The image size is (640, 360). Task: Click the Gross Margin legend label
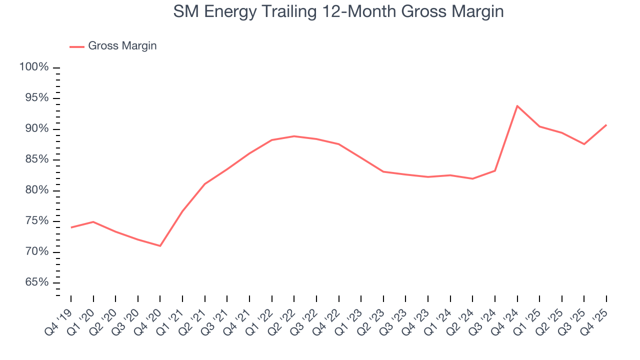122,46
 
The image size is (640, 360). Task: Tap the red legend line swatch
77,46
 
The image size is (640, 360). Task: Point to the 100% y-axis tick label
34,67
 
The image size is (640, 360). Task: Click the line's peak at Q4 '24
517,106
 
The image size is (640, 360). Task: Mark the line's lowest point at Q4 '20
160,245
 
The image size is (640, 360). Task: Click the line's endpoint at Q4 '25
606,125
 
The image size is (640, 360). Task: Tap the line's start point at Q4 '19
71,227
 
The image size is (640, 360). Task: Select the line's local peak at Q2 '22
294,136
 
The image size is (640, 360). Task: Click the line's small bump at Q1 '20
93,221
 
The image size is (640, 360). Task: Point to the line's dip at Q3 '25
584,144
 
